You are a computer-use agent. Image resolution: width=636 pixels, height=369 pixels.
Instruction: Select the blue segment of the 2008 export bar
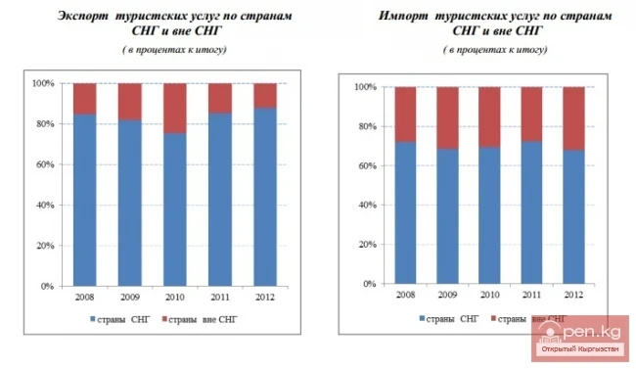(x=85, y=200)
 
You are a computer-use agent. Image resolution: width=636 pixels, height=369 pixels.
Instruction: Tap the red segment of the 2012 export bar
(x=265, y=94)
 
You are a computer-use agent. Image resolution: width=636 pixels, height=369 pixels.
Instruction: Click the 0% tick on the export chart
(x=46, y=287)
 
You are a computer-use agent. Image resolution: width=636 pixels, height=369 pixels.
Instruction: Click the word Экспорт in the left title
(x=84, y=17)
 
